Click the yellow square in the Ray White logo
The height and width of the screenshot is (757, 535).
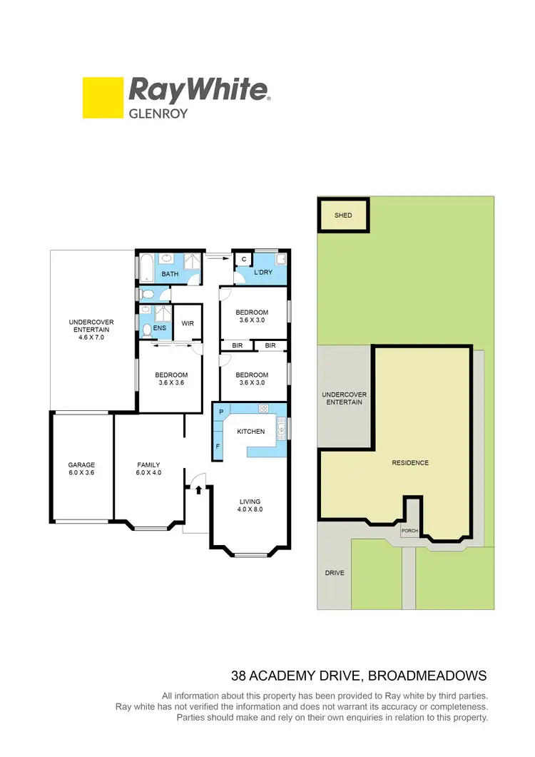click(x=103, y=98)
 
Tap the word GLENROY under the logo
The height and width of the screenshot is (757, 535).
click(x=158, y=112)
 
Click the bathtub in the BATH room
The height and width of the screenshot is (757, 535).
click(x=145, y=268)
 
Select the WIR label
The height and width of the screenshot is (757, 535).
click(x=188, y=324)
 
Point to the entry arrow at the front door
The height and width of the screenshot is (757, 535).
click(x=198, y=489)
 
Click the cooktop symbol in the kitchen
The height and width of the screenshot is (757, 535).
click(x=263, y=409)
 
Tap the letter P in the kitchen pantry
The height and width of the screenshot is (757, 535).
click(x=221, y=412)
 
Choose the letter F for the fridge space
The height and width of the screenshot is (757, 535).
click(x=218, y=447)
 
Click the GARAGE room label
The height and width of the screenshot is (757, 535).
click(x=81, y=465)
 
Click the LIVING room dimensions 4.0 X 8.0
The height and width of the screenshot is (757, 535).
click(x=250, y=509)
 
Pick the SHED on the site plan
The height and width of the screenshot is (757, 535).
click(x=343, y=215)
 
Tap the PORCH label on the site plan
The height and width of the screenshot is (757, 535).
click(x=409, y=531)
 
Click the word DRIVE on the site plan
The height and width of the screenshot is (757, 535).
click(x=335, y=573)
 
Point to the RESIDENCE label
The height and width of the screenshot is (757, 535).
click(x=410, y=463)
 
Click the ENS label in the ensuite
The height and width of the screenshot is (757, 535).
click(x=160, y=328)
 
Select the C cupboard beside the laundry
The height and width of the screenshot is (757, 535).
click(x=244, y=260)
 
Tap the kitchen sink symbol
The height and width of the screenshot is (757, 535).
click(x=281, y=430)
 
